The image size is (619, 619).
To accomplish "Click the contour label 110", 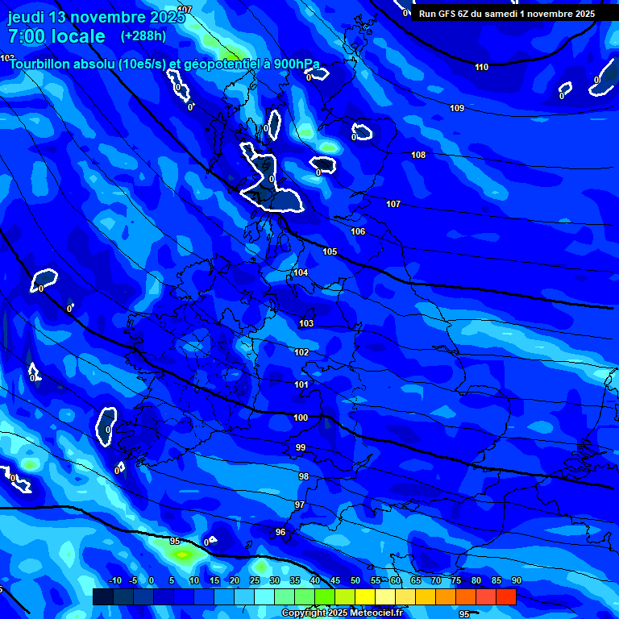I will click(x=481, y=67).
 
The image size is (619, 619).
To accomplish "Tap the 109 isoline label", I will click(x=457, y=108).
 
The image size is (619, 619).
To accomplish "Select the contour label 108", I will click(x=418, y=155).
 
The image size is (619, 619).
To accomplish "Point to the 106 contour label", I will click(x=358, y=231).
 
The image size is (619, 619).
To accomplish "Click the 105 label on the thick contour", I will click(x=330, y=251).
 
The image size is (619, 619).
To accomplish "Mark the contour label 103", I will click(x=306, y=323).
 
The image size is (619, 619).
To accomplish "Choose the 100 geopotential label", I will click(x=301, y=418).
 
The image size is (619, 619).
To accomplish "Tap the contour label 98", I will click(x=303, y=476).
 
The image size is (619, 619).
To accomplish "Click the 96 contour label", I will click(x=280, y=532).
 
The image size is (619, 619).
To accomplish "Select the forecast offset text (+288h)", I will click(x=143, y=36).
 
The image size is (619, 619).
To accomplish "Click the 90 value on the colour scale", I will click(x=516, y=580).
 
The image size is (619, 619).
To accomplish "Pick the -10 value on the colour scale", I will click(x=114, y=580).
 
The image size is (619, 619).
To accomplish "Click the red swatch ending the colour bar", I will click(x=506, y=596).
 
